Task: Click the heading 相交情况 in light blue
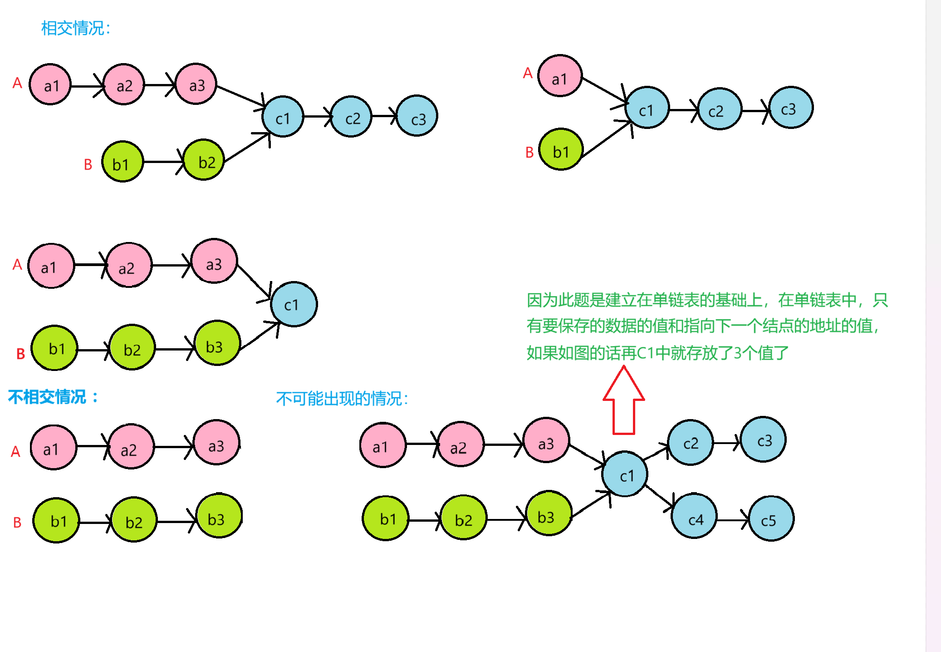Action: pos(75,28)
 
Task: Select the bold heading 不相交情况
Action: pos(53,397)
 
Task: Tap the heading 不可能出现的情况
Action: pos(342,399)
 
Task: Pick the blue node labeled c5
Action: pos(771,519)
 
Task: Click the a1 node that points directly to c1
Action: pos(559,76)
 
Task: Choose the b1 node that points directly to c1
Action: pos(561,149)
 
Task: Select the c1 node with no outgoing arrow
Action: pos(294,304)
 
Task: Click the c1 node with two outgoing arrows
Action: pos(625,474)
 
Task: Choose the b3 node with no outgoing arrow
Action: pos(219,516)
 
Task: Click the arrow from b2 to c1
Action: pos(247,148)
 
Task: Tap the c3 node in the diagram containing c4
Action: pos(764,440)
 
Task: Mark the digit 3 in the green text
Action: pos(738,353)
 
